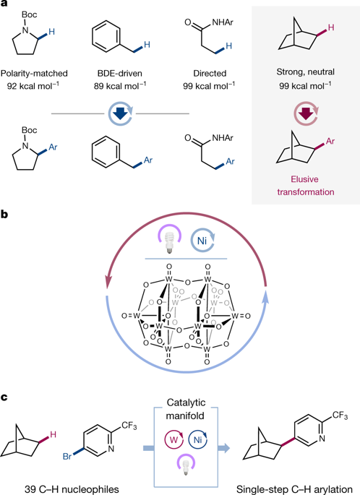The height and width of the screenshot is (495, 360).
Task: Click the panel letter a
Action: [x=4, y=5]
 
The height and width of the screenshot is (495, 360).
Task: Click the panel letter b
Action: [x=5, y=215]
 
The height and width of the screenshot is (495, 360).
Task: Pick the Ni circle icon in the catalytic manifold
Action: [x=196, y=438]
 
